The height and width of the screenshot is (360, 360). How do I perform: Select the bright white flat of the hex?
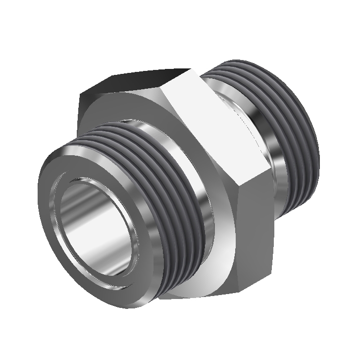(x=218, y=124)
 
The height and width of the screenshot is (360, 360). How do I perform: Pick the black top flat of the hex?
(x=149, y=79)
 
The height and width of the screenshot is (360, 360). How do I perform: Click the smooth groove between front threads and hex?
(x=198, y=208)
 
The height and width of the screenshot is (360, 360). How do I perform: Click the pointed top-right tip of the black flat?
(x=191, y=69)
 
